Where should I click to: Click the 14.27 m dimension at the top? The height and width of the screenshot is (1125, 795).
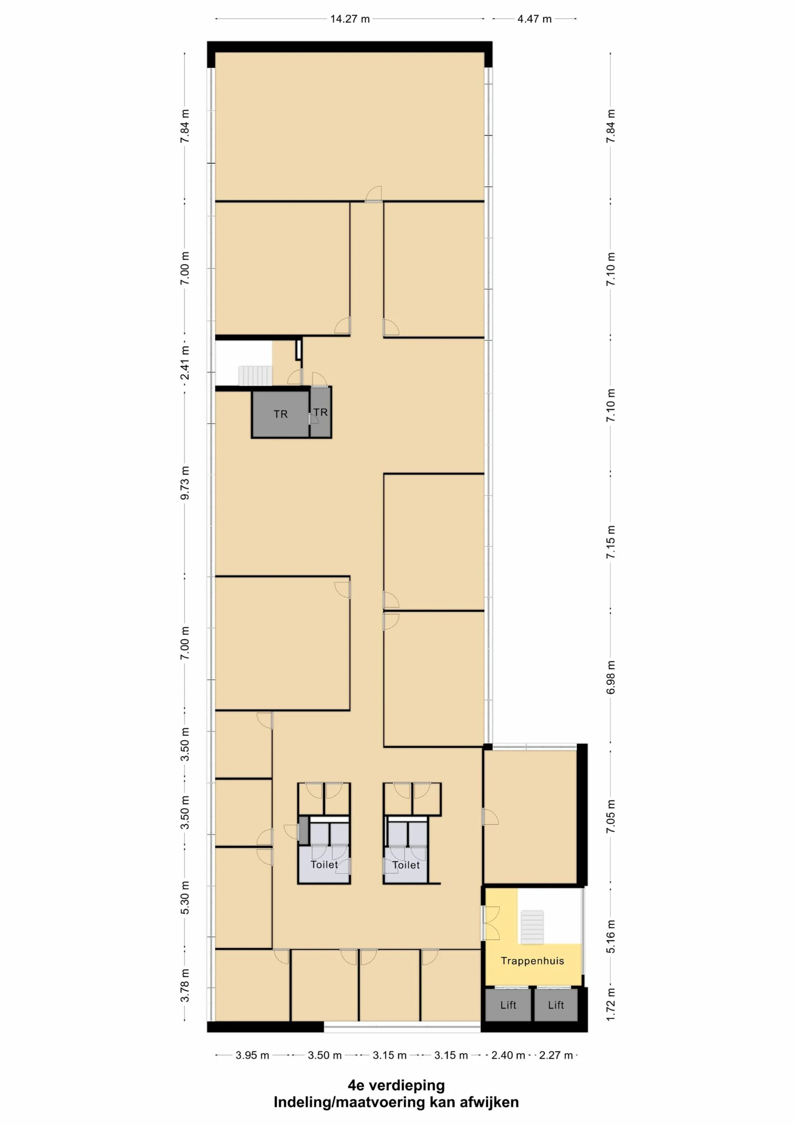(x=350, y=19)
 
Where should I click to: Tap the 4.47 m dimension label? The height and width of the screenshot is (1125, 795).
(x=535, y=19)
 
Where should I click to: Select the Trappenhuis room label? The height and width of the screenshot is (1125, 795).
(x=532, y=961)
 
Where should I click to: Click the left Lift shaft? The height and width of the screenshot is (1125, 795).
(x=508, y=1005)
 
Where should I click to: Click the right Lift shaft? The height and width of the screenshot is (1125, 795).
(x=556, y=1005)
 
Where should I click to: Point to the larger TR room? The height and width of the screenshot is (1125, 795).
(x=280, y=414)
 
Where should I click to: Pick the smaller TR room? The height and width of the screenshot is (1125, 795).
(x=321, y=412)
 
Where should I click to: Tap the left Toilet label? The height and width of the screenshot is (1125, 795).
(x=324, y=864)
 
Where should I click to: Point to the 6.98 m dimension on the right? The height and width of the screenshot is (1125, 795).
(x=611, y=677)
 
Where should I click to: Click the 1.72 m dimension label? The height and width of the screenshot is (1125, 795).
(x=611, y=1005)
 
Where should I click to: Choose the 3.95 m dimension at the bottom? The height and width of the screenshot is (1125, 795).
(x=252, y=1056)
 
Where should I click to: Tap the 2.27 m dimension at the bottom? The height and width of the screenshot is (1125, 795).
(x=556, y=1056)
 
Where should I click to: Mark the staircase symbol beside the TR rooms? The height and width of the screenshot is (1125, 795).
(x=255, y=376)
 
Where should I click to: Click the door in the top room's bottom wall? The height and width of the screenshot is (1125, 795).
(x=373, y=195)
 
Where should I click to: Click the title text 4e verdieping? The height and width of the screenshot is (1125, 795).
(x=396, y=1085)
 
